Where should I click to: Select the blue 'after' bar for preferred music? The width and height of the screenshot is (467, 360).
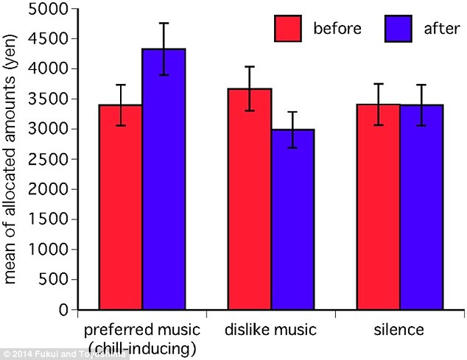tap(164, 180)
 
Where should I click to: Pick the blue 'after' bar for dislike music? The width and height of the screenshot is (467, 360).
tap(293, 220)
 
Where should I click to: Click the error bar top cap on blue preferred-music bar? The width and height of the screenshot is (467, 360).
tap(164, 24)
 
